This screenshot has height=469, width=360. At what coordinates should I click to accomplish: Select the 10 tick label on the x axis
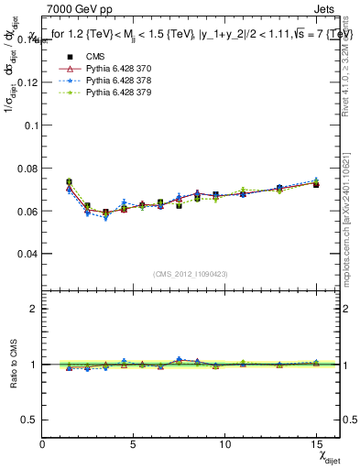[224, 443]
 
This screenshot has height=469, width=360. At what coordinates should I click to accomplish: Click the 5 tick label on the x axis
[134, 443]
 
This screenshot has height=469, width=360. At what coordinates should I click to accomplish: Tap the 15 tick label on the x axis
[315, 443]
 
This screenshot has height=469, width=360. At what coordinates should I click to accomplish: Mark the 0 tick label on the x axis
[43, 443]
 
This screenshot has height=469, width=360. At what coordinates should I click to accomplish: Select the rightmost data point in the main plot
[316, 184]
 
